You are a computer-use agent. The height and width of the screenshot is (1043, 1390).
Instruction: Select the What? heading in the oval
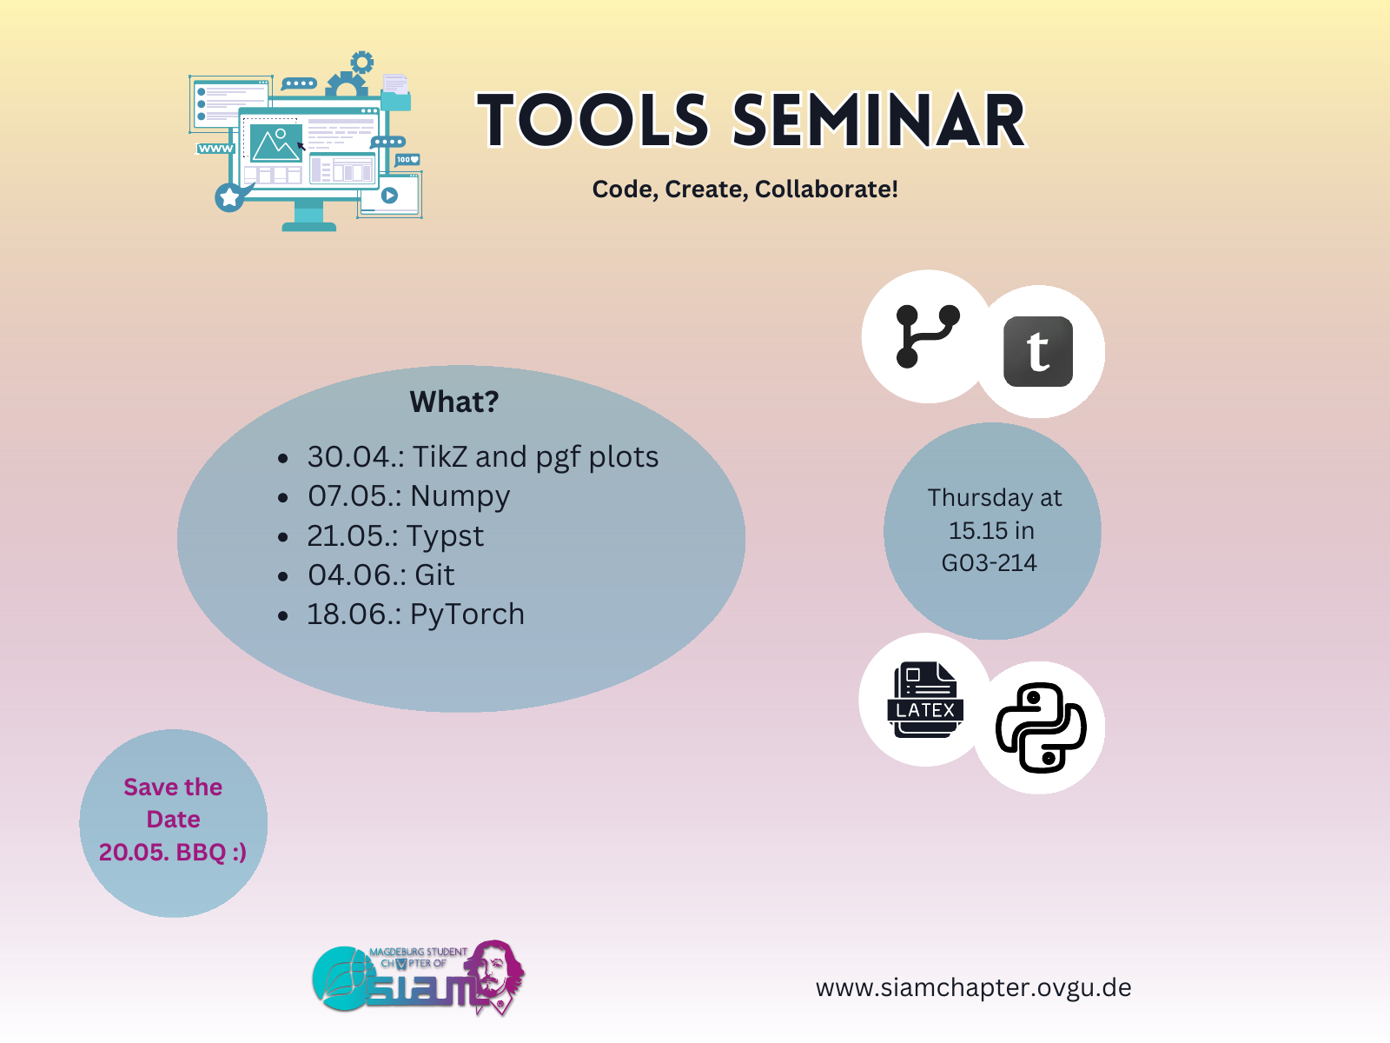454,402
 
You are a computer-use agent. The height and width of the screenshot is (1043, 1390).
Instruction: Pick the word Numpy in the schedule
460,497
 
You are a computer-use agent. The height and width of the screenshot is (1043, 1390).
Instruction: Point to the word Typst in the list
445,536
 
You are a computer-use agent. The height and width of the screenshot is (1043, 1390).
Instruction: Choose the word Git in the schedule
434,575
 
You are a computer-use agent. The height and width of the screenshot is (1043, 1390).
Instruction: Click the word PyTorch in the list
467,615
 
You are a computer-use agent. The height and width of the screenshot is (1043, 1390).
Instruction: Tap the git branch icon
927,336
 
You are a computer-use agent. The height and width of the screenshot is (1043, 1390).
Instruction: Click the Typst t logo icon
1038,352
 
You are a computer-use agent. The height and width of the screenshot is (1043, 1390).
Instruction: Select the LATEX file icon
925,701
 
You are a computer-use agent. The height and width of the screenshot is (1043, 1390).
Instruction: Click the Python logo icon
1041,727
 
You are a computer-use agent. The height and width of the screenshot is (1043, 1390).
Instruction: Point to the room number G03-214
990,563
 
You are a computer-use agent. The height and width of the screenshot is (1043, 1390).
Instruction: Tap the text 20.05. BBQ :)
173,852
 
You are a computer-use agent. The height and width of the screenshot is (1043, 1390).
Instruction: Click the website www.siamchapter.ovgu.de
973,988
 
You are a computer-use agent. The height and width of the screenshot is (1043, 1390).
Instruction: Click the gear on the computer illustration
361,62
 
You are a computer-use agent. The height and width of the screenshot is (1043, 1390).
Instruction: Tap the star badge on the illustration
229,197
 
